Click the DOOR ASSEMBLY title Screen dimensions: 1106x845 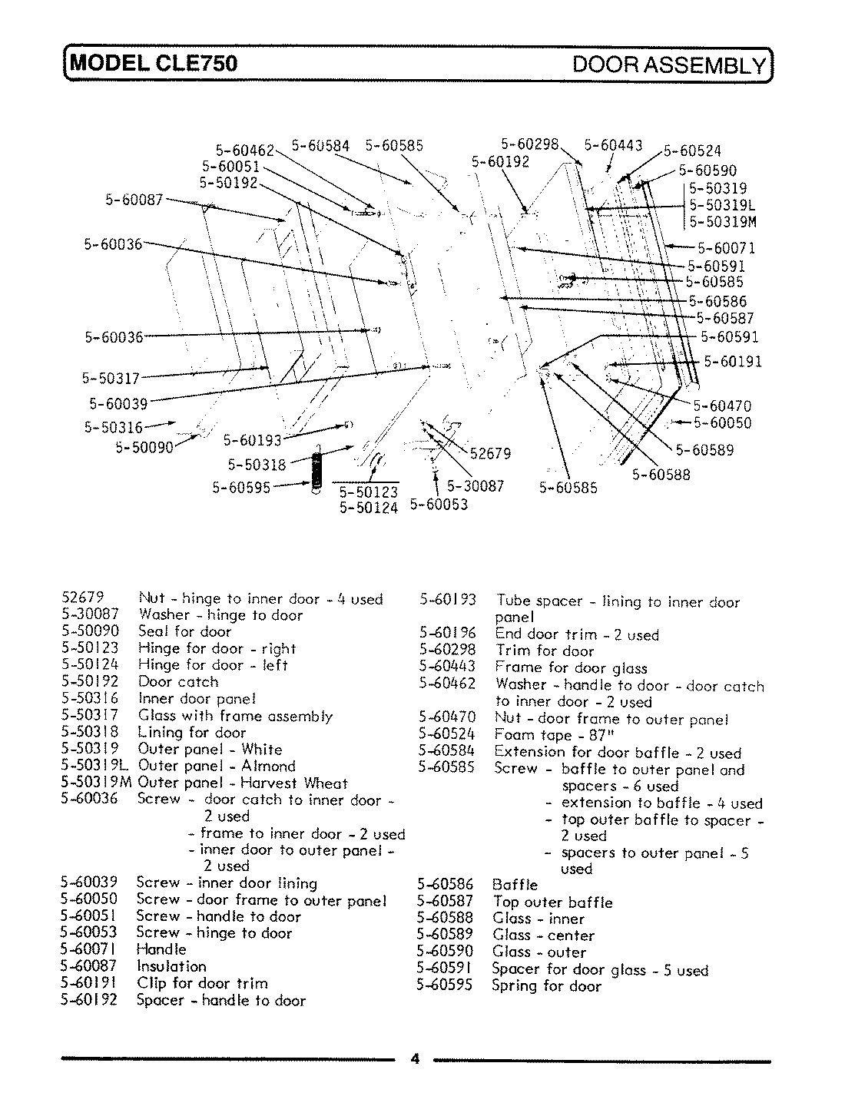pos(669,64)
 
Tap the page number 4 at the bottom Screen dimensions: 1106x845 pos(415,1059)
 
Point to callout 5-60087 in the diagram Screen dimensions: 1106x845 pos(134,200)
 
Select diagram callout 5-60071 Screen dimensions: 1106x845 pos(726,247)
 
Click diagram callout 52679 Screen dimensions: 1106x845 pos(490,454)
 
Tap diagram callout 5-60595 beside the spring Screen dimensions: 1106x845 pos(241,486)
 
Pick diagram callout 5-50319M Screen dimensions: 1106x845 pos(722,222)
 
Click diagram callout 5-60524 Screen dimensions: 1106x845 pos(692,151)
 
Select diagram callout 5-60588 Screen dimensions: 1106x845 pos(661,475)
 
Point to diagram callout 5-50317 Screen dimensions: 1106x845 pos(111,378)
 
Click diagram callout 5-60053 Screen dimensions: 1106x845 pos(439,505)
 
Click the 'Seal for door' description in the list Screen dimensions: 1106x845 pos(184,631)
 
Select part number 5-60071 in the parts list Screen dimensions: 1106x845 pos(89,949)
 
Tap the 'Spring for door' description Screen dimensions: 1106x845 pos(546,985)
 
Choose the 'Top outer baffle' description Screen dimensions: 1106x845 pos(552,902)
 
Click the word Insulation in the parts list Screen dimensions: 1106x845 pos(171,966)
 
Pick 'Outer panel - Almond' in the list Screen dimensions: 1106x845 pos(216,766)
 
